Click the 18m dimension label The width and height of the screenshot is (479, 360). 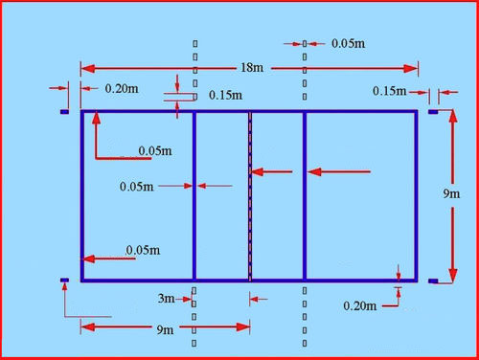pyautogui.click(x=250, y=69)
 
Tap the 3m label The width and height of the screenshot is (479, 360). pyautogui.click(x=167, y=299)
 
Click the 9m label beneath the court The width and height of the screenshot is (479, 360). pyautogui.click(x=164, y=330)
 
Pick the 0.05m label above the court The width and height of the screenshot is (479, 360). pyautogui.click(x=346, y=44)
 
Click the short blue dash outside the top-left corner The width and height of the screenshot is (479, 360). pyautogui.click(x=64, y=112)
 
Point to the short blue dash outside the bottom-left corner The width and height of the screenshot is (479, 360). pyautogui.click(x=64, y=281)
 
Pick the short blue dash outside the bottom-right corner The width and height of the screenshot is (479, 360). pyautogui.click(x=433, y=281)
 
